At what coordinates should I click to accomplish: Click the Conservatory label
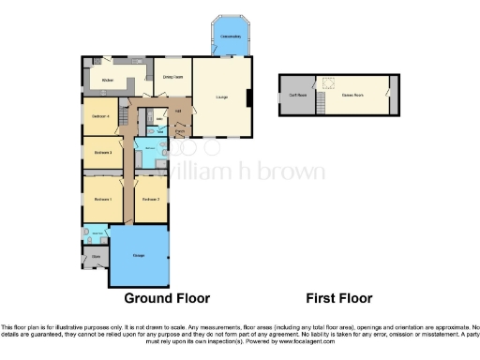pos(230,37)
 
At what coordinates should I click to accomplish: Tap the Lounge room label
pos(224,97)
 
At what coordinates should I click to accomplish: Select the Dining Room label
pos(172,78)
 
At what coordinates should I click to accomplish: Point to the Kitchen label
pos(108,81)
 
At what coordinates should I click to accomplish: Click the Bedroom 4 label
pos(101,116)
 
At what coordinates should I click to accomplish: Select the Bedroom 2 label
pos(150,200)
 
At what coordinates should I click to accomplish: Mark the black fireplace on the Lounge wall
pos(249,97)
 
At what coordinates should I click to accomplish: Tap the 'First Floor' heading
pos(339,299)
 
